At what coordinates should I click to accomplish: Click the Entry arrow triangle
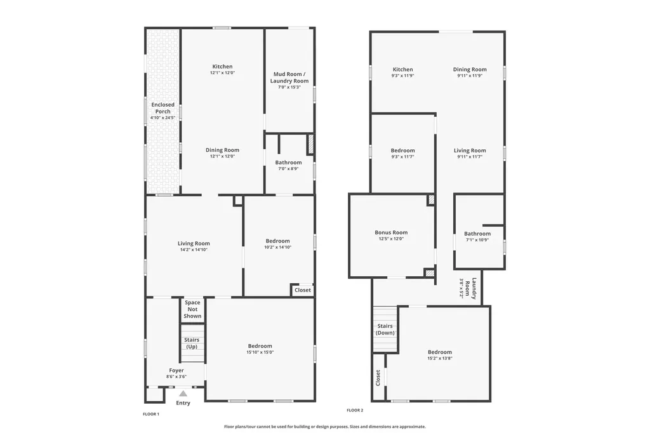coord(183,394)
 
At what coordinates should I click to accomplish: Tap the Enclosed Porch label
coord(163,108)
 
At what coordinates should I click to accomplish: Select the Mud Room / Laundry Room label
coord(289,77)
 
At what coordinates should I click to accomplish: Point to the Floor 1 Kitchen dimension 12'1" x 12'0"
coord(223,72)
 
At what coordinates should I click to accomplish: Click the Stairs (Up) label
coord(192,343)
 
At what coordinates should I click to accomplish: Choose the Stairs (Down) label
coord(385,330)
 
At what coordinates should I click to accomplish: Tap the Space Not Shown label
coord(192,309)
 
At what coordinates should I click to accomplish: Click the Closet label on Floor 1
coord(303,290)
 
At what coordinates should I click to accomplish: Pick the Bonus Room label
coord(391,232)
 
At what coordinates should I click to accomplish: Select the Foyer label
coord(176,370)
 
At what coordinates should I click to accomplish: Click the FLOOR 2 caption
coord(355,410)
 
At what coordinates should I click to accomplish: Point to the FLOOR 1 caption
coord(151,414)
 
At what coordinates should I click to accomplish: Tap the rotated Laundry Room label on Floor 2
coord(470,288)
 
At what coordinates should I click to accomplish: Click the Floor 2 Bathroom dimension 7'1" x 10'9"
coord(477,240)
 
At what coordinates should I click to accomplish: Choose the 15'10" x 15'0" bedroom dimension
coord(260,352)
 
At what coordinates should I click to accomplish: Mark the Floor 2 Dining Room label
coord(470,69)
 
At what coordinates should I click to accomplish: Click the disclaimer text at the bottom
coord(324,427)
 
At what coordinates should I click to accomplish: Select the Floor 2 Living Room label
coord(470,150)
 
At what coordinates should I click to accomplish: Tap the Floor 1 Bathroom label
coord(289,163)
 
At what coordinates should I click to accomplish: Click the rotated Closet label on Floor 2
coord(378,378)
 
